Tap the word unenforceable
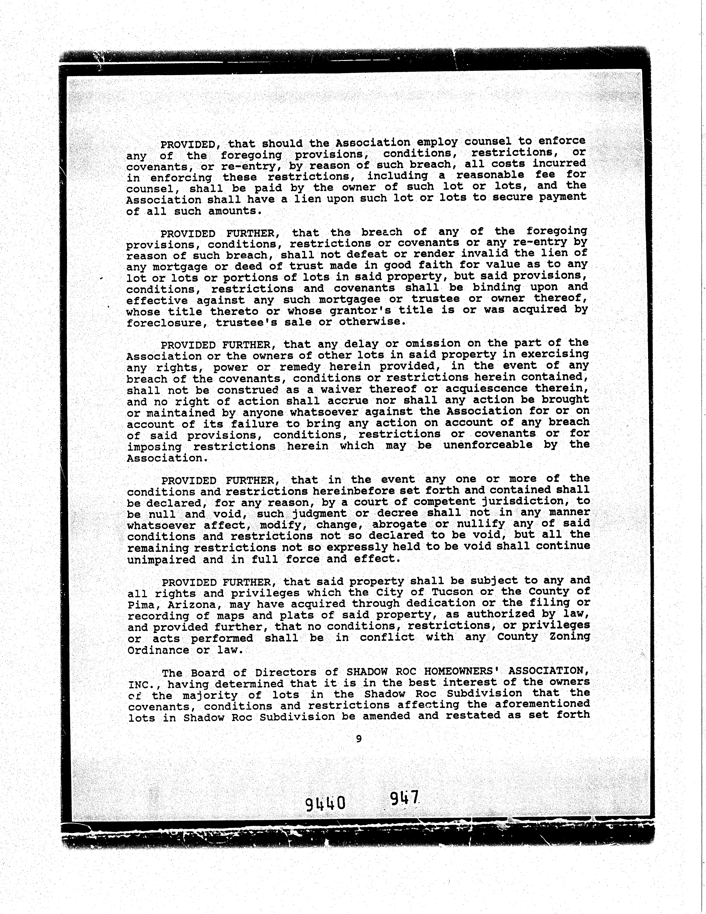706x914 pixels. coord(488,445)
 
